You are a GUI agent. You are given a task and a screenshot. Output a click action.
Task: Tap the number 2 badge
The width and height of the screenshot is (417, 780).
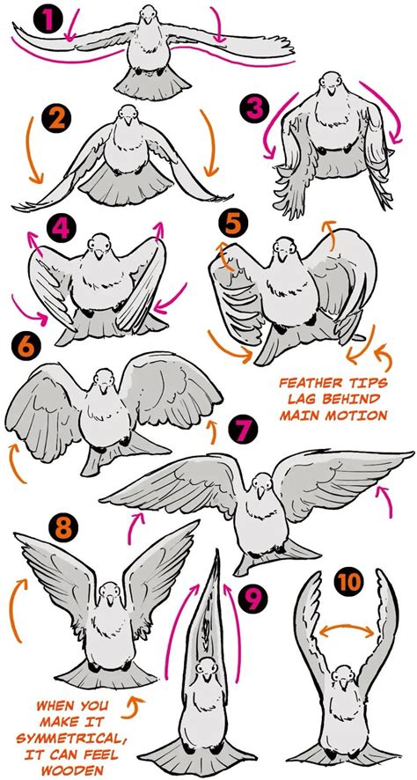pos(56,119)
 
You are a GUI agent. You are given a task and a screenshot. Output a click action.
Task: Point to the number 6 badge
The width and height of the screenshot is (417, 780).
pos(27,346)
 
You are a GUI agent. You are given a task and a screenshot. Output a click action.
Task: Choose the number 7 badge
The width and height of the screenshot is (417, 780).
pos(242,432)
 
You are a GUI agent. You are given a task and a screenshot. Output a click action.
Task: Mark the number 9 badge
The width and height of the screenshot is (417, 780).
pos(251,600)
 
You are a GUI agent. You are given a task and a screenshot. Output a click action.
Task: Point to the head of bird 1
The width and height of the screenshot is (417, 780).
pos(147,18)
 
